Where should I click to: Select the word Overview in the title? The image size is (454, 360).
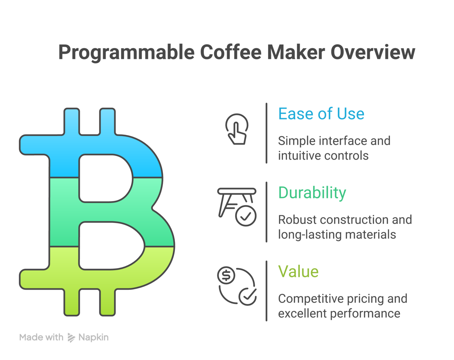(373, 52)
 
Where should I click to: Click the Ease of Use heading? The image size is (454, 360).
(321, 114)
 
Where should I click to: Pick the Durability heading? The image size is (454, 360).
(312, 193)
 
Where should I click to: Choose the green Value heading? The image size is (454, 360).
(298, 272)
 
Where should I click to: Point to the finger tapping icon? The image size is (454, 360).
(237, 129)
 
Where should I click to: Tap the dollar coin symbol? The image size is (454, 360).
(226, 275)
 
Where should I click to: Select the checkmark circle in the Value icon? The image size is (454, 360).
(248, 296)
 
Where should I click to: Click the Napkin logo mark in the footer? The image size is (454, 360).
(71, 338)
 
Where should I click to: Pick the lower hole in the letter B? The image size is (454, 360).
(111, 245)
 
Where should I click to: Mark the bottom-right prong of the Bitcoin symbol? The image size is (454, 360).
(107, 302)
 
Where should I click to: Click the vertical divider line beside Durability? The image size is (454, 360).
(266, 212)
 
